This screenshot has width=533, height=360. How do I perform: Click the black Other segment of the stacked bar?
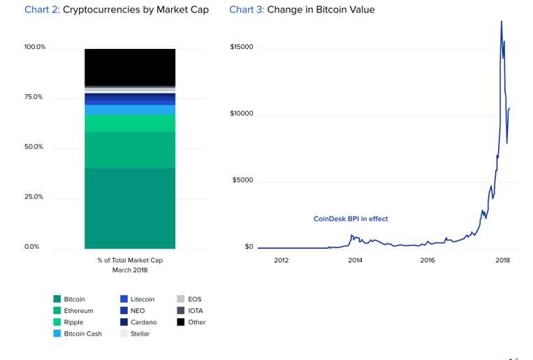pos(130,66)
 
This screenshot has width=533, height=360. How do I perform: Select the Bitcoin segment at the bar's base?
pos(130,208)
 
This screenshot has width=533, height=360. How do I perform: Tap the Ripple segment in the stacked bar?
pos(130,123)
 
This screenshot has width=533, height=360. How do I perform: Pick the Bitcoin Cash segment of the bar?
pos(130,110)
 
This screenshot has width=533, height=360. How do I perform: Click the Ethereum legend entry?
pos(78,310)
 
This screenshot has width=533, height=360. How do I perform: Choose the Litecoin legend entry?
pos(142,299)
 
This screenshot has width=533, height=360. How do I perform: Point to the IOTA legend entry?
pos(195,310)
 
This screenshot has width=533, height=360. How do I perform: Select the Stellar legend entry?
pos(140,333)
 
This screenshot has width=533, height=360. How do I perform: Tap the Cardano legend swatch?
pos(124,322)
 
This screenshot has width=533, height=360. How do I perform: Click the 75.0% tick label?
pos(34,97)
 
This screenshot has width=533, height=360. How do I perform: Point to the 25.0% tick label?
pos(34,197)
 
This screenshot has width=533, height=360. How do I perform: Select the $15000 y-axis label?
pos(242,48)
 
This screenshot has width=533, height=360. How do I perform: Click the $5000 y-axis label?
pos(243,180)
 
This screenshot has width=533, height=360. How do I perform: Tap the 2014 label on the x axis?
pos(355,261)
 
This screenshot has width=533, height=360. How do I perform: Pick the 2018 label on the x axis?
pos(502,261)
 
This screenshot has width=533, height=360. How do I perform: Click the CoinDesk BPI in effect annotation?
pos(351,219)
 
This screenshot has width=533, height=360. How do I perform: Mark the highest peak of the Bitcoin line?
pos(502,22)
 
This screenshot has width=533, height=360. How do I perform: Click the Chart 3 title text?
pos(302,10)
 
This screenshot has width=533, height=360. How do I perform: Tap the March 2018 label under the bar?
pos(130,269)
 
